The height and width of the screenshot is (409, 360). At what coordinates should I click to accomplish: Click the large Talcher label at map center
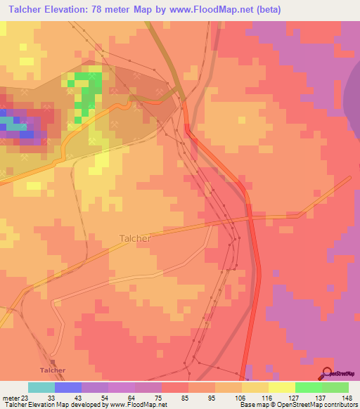click(134, 238)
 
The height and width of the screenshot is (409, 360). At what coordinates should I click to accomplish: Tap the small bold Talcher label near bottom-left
click(53, 370)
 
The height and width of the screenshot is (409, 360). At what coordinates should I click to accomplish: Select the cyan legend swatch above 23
click(41, 387)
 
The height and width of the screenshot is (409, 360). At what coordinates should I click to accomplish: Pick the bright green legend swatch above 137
click(308, 387)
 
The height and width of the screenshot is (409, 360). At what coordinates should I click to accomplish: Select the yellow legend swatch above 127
click(281, 387)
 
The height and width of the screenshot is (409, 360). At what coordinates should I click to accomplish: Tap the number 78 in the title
click(105, 8)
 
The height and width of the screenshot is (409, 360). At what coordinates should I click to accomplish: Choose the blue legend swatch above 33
click(68, 387)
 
